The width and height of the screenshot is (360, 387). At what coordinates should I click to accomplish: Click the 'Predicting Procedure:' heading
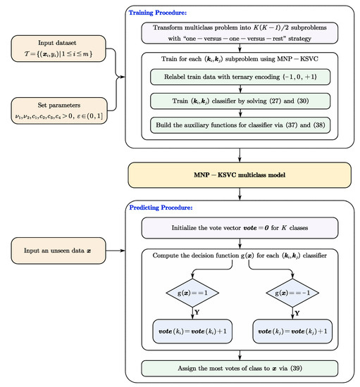coord(160,208)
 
